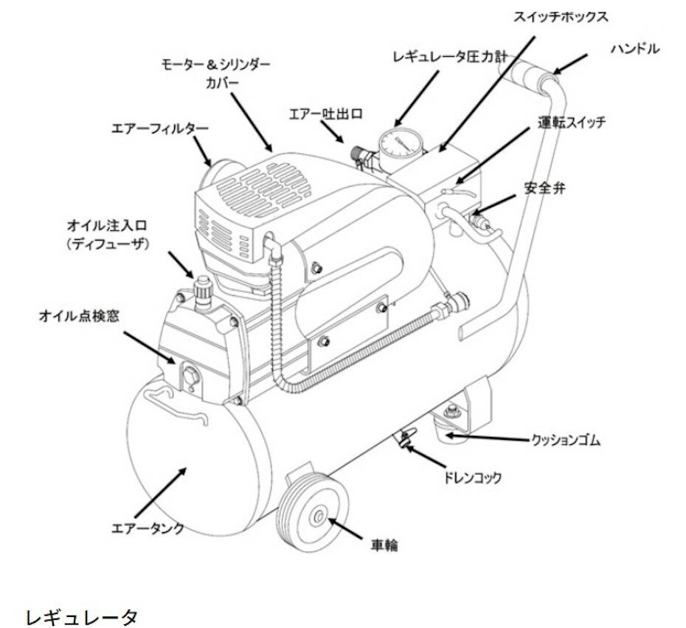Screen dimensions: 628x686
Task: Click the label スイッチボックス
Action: pos(561,15)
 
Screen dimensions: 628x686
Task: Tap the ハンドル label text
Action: pos(634,49)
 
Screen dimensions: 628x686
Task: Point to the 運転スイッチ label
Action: pos(572,123)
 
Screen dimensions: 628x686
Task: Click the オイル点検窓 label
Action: pos(79,315)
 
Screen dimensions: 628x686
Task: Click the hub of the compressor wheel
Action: pos(320,517)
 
